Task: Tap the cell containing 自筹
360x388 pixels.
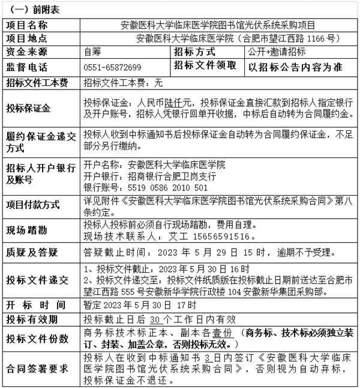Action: (x=94, y=52)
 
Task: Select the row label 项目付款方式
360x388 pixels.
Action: (x=33, y=205)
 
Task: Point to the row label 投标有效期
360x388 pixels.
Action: (x=31, y=318)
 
